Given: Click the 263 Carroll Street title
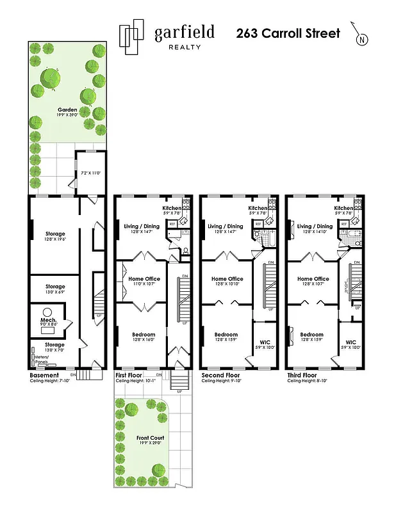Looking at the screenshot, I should click(288, 33).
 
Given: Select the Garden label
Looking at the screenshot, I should click(67, 109).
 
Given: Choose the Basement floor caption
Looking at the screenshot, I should click(45, 375).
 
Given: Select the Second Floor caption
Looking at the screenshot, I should click(220, 375).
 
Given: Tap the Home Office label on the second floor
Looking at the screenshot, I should click(227, 279).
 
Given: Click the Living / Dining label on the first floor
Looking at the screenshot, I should click(142, 226).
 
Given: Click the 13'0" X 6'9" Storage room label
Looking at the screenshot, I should click(55, 287).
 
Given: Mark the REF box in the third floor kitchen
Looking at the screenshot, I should click(344, 224).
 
